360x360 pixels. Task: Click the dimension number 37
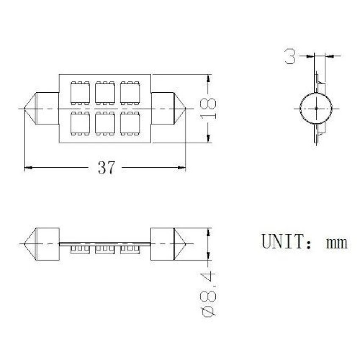106,167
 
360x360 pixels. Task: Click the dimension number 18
208,109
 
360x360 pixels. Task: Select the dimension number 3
290,56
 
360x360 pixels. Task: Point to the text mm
337,243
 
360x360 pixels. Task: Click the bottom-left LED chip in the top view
80,123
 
